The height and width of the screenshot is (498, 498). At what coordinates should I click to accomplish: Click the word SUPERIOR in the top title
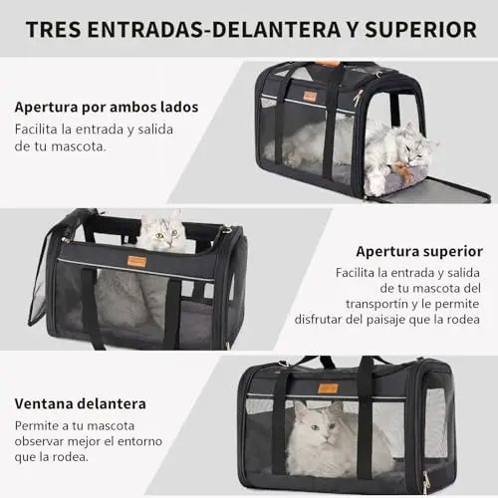tap(420, 30)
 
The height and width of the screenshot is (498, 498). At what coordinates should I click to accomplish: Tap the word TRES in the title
tap(53, 30)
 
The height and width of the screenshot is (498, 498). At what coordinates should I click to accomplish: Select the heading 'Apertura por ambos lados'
tap(107, 108)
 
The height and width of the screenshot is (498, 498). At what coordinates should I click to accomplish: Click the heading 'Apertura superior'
tap(419, 252)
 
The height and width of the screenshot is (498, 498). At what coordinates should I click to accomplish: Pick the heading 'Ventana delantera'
tap(81, 403)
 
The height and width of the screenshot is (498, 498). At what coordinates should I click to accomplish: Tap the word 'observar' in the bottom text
tap(39, 441)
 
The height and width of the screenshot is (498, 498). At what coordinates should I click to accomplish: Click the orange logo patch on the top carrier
tap(310, 97)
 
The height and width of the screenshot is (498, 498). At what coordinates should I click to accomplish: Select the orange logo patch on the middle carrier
tap(136, 262)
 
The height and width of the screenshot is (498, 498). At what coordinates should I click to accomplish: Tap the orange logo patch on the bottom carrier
tap(328, 388)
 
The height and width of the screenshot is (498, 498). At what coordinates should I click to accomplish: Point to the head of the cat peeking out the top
tap(162, 232)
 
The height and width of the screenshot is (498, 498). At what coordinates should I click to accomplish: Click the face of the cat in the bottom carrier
tap(322, 425)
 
